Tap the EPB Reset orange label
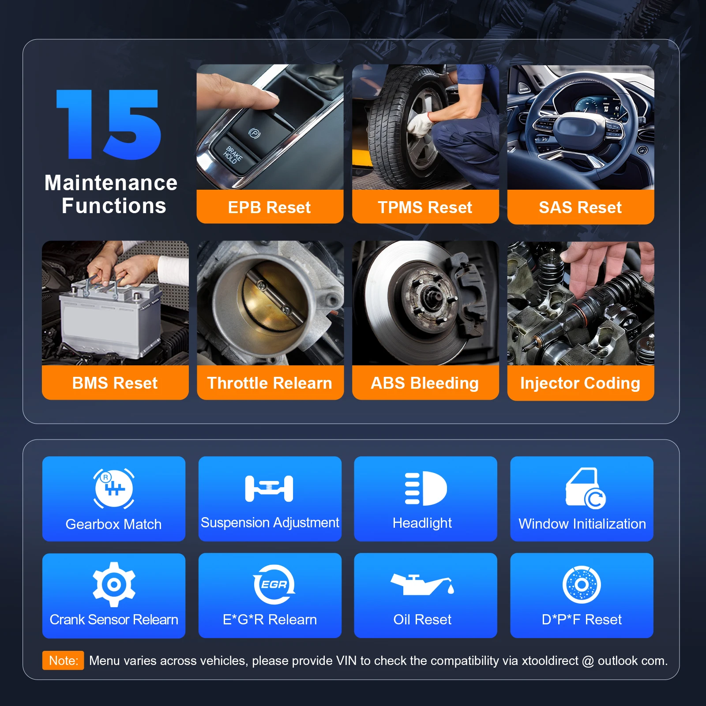coord(270,207)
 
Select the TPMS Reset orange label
coord(425,207)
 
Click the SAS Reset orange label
coord(580,207)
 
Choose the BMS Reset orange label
coord(115,383)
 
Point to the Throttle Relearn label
coord(270,383)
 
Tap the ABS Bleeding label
coord(425,383)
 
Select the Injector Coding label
coord(580,383)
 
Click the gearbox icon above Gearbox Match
coord(114,488)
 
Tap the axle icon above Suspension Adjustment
coord(269,488)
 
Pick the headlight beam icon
coord(426,488)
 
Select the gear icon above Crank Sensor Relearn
coord(114,584)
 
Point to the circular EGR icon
coord(274,584)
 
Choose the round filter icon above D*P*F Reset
coord(582,584)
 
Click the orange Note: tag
coord(63,660)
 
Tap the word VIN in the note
coord(346,661)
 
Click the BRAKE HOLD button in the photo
coord(233,155)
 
